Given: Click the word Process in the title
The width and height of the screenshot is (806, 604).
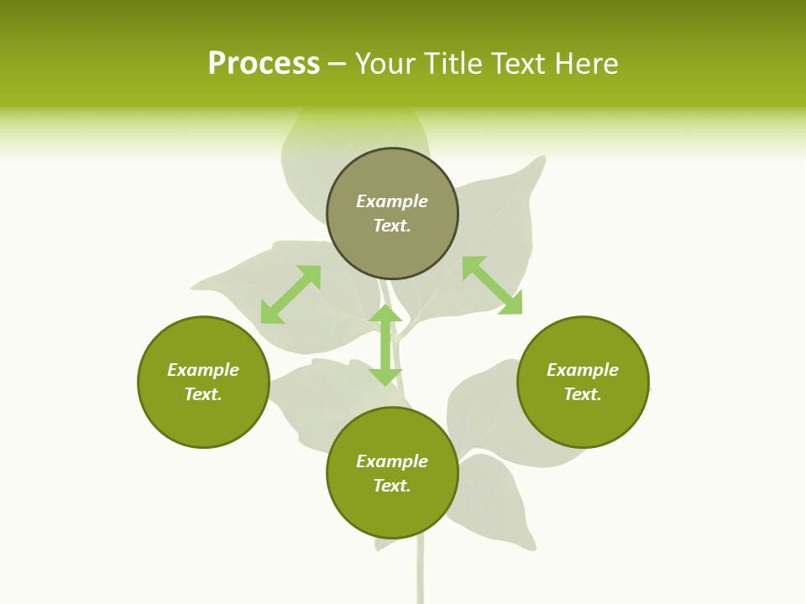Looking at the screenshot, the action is point(264,63).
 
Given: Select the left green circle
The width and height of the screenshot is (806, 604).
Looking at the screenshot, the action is point(203,419).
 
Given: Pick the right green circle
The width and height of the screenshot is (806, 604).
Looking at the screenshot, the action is point(583,419).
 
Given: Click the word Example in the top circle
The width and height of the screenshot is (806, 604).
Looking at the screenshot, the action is point(392,201).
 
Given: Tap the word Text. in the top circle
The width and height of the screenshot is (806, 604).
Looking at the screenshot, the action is point(392,226).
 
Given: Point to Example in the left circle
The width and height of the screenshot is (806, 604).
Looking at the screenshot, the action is point(203,370).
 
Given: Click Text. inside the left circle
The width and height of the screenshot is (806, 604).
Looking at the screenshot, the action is point(203,394).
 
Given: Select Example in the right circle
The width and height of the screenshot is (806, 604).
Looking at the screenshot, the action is point(583,370).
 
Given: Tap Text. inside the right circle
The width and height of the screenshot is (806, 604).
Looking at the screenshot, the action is point(583,394).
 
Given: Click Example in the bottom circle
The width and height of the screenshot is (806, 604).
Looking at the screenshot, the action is point(392,461).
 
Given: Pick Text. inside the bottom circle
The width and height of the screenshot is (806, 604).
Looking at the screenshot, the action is point(392,486).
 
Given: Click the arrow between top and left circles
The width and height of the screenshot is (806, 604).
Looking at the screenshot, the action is point(290,294).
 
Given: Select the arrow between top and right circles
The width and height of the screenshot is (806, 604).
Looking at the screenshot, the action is point(492,285).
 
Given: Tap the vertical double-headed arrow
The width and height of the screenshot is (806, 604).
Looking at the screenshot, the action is point(385,345).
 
